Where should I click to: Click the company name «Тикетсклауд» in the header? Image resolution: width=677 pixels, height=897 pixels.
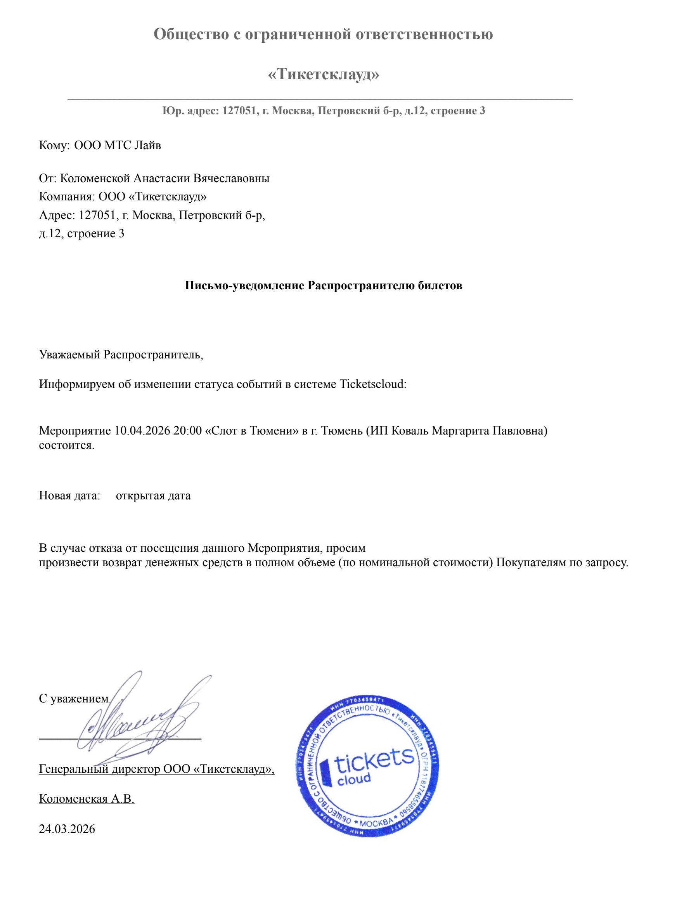point(324,75)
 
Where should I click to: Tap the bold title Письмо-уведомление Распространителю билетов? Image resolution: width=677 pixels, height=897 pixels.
point(324,285)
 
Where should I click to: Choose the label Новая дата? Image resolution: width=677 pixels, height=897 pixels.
point(70,495)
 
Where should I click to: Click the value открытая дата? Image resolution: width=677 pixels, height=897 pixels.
point(153,495)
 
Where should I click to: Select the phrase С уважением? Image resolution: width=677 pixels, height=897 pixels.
point(74,699)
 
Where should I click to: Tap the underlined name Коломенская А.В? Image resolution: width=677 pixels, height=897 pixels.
point(87,799)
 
